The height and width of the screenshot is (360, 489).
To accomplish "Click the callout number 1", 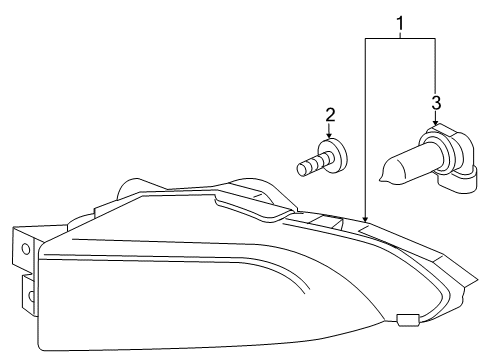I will coord(401,23).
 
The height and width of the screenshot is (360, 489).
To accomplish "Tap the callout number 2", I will coord(330,115).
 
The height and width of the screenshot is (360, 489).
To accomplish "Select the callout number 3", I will coord(435,103).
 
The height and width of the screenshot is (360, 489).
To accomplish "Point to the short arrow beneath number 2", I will coord(330,132).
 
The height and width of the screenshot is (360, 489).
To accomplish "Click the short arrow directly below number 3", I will coord(435,119).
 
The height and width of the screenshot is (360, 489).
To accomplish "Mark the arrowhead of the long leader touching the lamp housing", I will coord(367,219).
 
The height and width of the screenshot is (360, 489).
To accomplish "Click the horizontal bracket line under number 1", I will coord(401,38).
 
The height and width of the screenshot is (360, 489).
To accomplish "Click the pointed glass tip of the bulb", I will coord(384,180).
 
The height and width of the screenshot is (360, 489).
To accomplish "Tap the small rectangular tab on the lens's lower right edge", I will coord(406,321).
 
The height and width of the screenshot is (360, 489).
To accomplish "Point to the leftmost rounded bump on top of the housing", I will coord(131,187).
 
